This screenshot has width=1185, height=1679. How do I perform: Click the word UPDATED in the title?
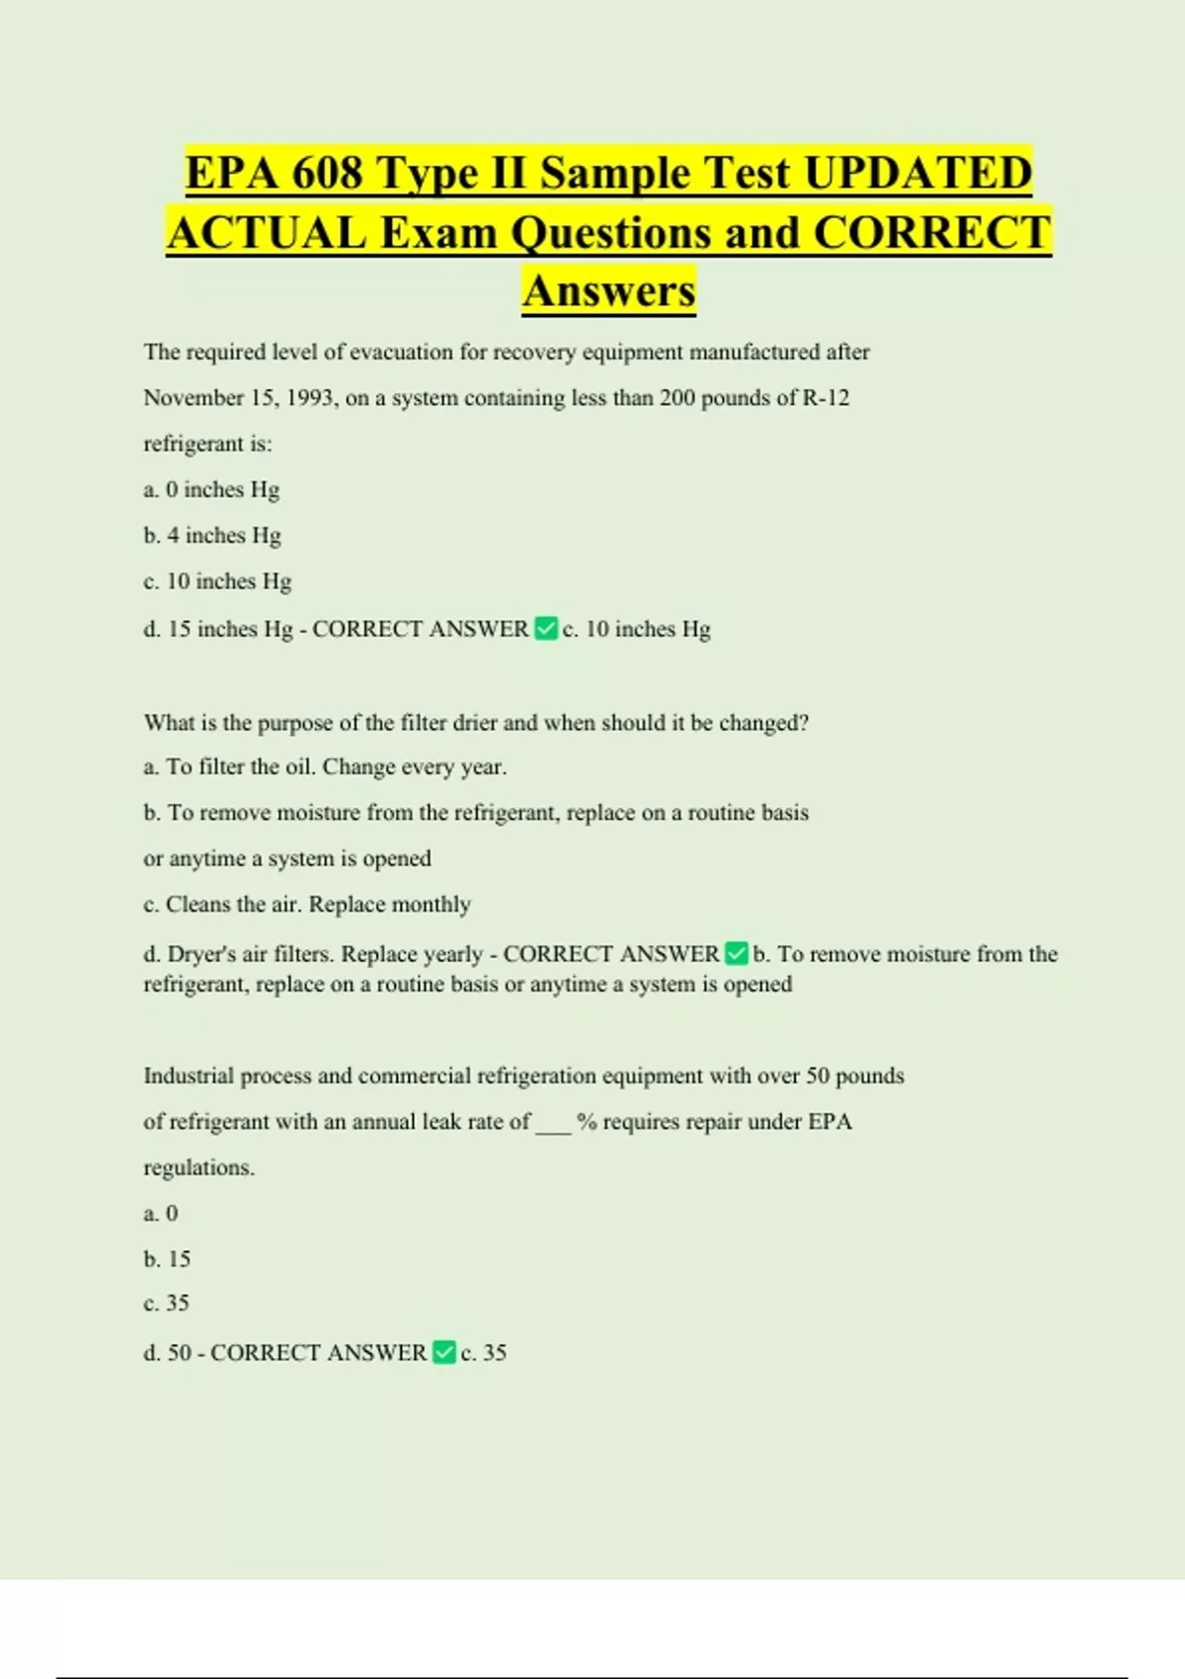point(918,173)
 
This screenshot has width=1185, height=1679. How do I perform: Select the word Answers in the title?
point(609,290)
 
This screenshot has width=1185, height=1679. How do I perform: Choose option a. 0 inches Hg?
point(211,490)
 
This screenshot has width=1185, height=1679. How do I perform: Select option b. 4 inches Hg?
point(212,535)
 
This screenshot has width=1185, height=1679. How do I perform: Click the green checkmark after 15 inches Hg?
point(545,628)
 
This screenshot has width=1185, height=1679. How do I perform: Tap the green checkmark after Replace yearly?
point(736,953)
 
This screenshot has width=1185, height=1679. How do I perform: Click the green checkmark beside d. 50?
point(444,1352)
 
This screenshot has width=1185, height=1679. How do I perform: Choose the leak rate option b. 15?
point(167,1259)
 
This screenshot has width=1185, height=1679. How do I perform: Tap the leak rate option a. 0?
point(161,1214)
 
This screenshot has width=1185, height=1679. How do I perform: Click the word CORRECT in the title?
point(932,233)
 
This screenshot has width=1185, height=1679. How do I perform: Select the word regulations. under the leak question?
point(198,1167)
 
